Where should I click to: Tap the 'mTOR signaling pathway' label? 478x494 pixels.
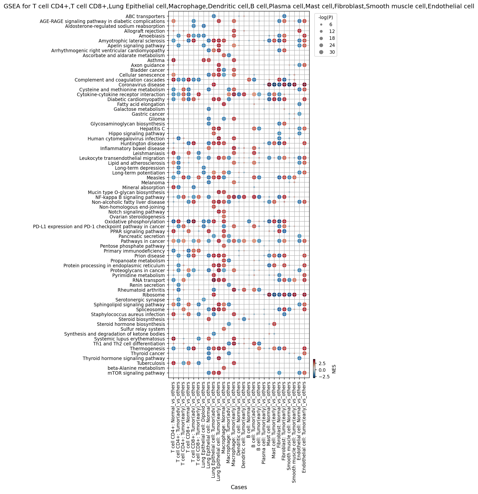click(x=136, y=373)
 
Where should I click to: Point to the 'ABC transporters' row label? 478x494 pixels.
click(x=145, y=17)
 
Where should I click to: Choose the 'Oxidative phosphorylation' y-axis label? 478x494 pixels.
click(x=135, y=222)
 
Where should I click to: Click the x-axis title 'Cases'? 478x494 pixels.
click(x=239, y=487)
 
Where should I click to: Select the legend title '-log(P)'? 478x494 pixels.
click(x=325, y=17)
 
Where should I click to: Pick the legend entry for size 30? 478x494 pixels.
click(x=325, y=52)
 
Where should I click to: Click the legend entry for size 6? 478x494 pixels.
click(x=325, y=24)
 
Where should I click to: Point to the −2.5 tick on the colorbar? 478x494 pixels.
click(x=323, y=377)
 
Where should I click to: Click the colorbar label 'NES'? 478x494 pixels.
click(x=334, y=369)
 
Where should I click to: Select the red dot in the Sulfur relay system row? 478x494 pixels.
click(x=224, y=329)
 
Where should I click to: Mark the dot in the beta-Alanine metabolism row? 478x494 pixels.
click(x=224, y=368)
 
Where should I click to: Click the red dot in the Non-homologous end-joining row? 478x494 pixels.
click(x=214, y=207)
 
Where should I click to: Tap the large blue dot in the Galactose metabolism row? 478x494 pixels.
click(x=209, y=109)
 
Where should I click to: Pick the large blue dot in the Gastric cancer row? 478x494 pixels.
click(x=299, y=114)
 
